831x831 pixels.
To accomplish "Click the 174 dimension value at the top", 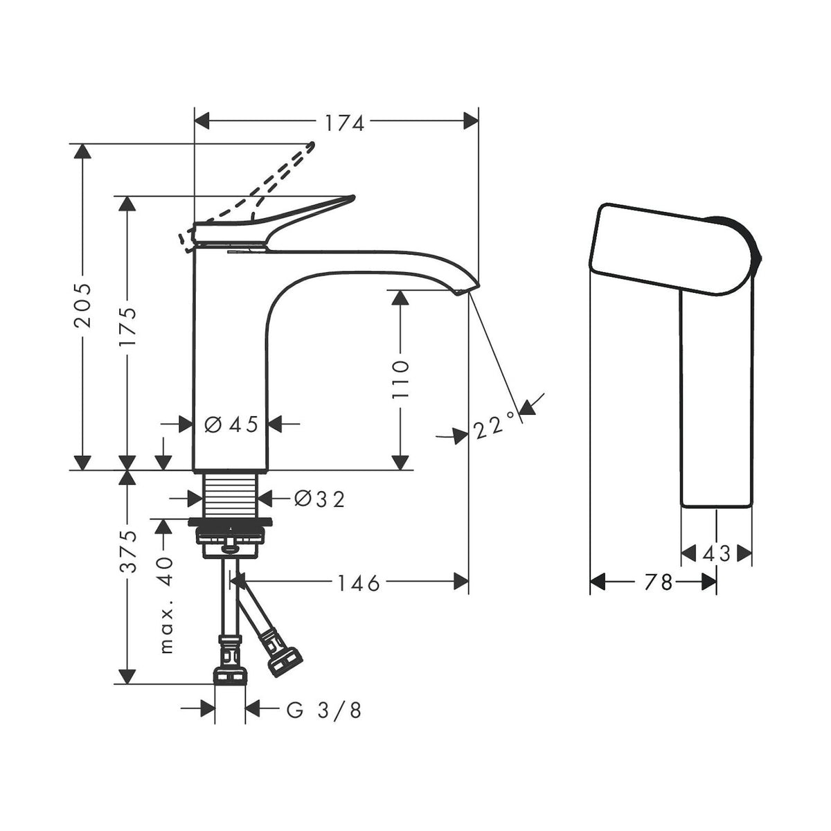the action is tap(344, 123).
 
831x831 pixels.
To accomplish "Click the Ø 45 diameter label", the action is tap(231, 425).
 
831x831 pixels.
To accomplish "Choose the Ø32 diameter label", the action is tap(319, 499).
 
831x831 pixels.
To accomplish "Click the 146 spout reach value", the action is tap(358, 584).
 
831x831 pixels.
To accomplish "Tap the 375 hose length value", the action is tap(128, 551).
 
